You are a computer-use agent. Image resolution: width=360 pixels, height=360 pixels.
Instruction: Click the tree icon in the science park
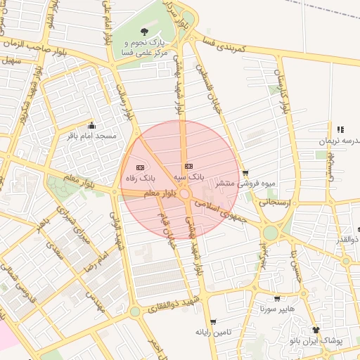click(144, 31)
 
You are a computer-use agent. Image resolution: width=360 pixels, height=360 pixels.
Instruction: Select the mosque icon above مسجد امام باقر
click(91, 126)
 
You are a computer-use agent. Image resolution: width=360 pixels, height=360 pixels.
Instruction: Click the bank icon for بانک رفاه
click(139, 167)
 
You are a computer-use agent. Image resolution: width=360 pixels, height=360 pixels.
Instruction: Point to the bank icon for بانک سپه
click(188, 166)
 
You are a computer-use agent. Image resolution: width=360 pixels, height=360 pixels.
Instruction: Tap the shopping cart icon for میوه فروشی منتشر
click(245, 172)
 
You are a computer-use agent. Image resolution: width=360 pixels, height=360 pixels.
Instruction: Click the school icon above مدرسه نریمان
click(340, 129)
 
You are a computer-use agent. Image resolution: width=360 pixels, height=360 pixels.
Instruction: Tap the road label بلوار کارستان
click(283, 91)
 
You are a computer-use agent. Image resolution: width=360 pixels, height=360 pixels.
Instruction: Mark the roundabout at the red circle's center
click(185, 193)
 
